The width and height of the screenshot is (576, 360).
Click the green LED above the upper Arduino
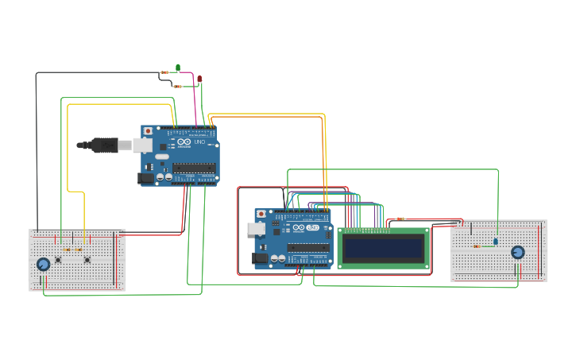pos(178,68)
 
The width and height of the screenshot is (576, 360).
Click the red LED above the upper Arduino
pos(199,79)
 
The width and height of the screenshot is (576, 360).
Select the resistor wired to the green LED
pos(164,72)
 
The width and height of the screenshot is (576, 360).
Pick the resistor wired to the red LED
pos(178,86)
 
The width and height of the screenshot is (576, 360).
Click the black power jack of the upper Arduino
pos(146,179)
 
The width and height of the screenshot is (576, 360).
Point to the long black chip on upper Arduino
pos(194,168)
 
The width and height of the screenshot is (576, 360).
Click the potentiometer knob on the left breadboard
pos(44,264)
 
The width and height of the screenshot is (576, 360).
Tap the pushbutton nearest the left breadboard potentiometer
pos(58,259)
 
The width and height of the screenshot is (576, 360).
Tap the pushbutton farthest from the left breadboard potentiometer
pos(87,259)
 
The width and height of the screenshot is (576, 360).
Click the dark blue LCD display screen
pos(383,249)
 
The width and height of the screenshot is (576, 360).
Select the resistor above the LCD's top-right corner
pos(400,219)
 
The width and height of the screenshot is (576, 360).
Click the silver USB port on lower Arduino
pos(257,229)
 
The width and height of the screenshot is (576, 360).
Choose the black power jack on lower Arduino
pos(259,258)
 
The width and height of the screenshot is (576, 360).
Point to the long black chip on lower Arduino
pos(308,248)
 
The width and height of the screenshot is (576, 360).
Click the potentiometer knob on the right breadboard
pos(518,252)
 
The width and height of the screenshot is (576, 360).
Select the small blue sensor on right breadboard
pos(496,241)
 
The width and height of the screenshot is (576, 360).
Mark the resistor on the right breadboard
pos(477,246)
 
